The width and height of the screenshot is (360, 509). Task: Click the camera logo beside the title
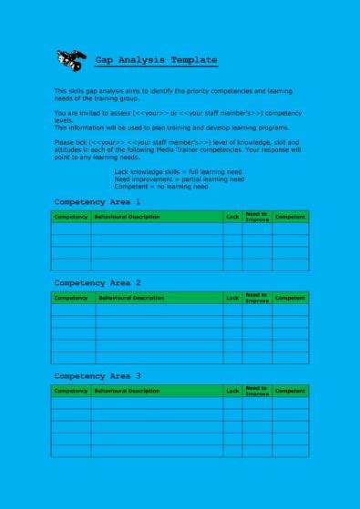pyautogui.click(x=69, y=60)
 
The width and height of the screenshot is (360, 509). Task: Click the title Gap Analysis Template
pyautogui.click(x=156, y=60)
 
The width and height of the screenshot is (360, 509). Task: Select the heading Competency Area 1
pyautogui.click(x=98, y=201)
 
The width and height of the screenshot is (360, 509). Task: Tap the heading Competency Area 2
pyautogui.click(x=98, y=283)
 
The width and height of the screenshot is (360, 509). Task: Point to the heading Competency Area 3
pyautogui.click(x=98, y=375)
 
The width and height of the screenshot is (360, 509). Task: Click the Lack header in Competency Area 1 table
pyautogui.click(x=232, y=217)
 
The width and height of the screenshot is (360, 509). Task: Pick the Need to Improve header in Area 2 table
pyautogui.click(x=257, y=298)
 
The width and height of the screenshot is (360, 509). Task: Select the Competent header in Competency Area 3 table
pyautogui.click(x=290, y=391)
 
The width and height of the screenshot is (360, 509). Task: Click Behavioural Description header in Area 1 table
pyautogui.click(x=127, y=217)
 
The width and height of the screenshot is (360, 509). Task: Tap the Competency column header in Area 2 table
pyautogui.click(x=70, y=298)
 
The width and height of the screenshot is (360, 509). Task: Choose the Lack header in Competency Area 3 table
pyautogui.click(x=232, y=391)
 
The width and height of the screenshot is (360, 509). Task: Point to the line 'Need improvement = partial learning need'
pyautogui.click(x=179, y=178)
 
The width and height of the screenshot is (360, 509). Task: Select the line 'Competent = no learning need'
pyautogui.click(x=160, y=186)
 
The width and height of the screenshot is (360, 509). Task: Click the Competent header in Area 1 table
pyautogui.click(x=290, y=217)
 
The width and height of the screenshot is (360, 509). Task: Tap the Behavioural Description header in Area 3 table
pyautogui.click(x=127, y=391)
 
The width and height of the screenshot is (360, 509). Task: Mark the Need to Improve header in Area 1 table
pyautogui.click(x=257, y=217)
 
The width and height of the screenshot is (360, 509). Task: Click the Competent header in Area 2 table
pyautogui.click(x=290, y=298)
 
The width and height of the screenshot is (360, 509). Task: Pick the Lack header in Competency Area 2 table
pyautogui.click(x=232, y=298)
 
